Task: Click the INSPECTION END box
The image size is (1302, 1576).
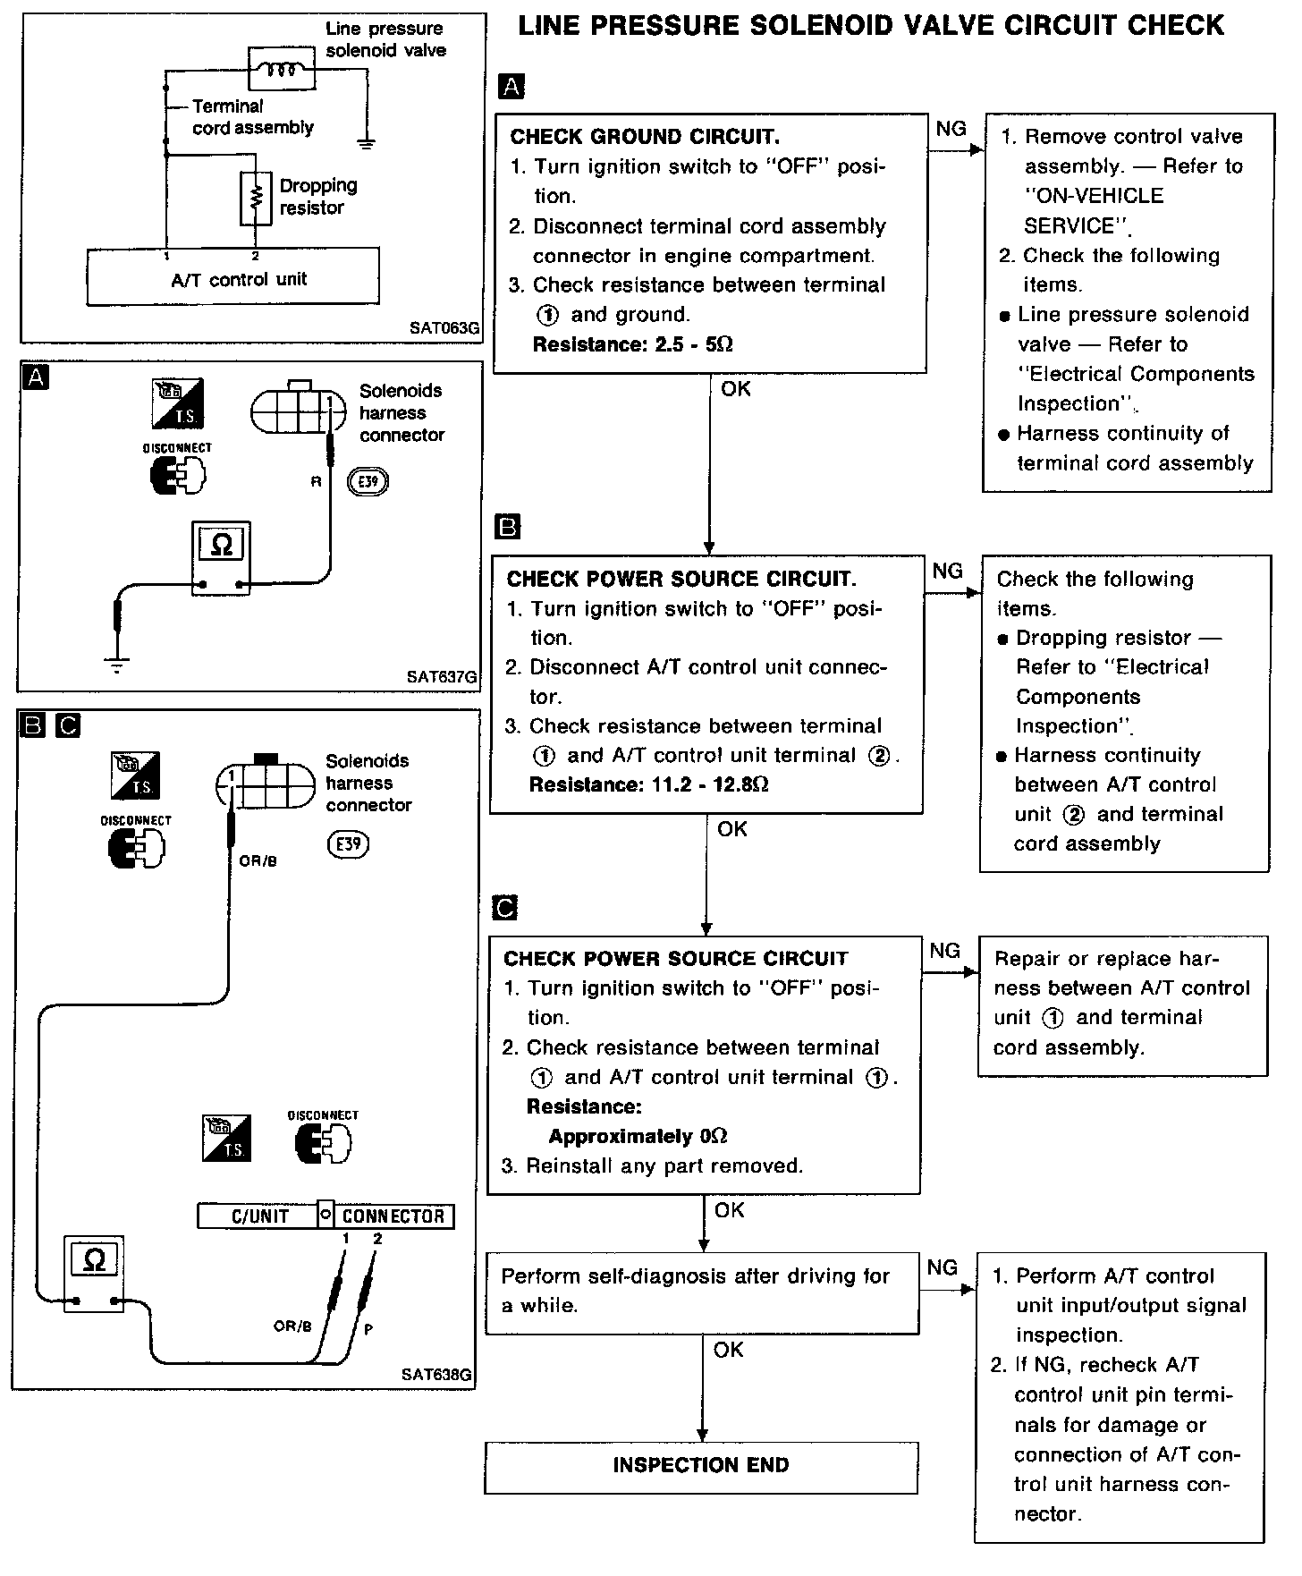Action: point(701,1465)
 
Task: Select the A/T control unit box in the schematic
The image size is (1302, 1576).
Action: point(232,276)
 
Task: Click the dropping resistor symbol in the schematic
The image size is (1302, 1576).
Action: point(255,198)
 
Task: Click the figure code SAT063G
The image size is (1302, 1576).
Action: point(444,327)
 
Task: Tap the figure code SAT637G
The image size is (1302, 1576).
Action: point(441,677)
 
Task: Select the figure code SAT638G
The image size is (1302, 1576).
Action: point(436,1375)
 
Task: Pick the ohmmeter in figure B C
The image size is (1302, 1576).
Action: point(94,1274)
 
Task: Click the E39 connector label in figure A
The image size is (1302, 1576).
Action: point(368,482)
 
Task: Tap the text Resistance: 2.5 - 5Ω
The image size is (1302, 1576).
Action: point(632,344)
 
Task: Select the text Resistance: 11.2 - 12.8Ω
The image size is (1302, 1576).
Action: point(648,784)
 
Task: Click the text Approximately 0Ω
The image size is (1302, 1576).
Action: point(638,1136)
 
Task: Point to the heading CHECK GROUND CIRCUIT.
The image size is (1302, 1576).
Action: point(644,137)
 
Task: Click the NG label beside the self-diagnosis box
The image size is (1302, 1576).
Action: point(943,1267)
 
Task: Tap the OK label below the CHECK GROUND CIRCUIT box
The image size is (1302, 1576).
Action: point(736,389)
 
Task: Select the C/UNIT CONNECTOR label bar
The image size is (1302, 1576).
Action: point(325,1216)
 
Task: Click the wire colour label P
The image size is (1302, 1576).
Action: point(368,1330)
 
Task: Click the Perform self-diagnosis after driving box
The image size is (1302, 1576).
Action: point(701,1292)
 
